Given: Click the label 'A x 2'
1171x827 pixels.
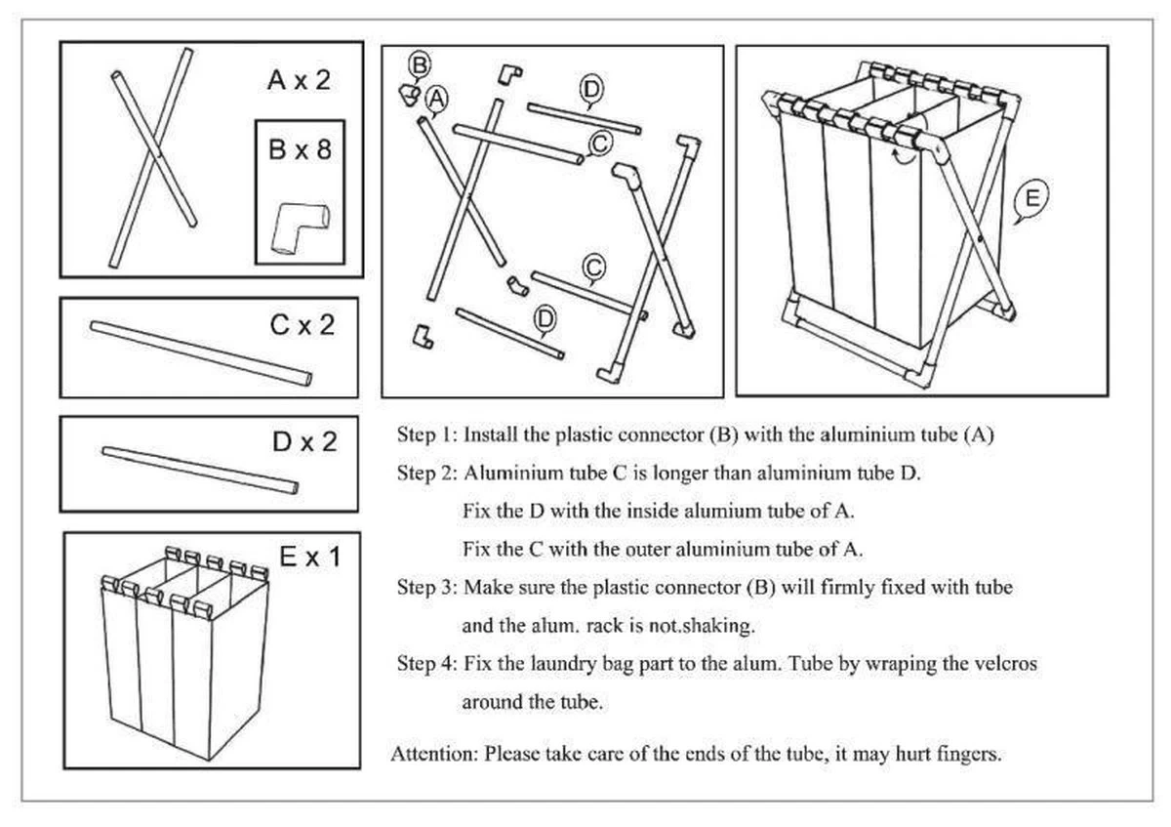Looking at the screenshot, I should (299, 80).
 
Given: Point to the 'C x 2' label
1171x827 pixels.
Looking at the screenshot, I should (302, 325).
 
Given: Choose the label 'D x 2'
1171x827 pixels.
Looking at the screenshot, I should (303, 441).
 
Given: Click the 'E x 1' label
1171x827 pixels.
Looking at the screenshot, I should (309, 558).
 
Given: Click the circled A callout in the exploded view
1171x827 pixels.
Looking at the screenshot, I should (436, 97).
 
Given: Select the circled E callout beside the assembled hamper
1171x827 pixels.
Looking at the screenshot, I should (1030, 199).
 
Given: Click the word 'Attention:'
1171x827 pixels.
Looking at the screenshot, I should (434, 754).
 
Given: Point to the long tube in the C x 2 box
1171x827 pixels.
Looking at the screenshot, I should (202, 351).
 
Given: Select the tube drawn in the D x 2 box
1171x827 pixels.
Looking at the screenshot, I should (201, 468).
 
